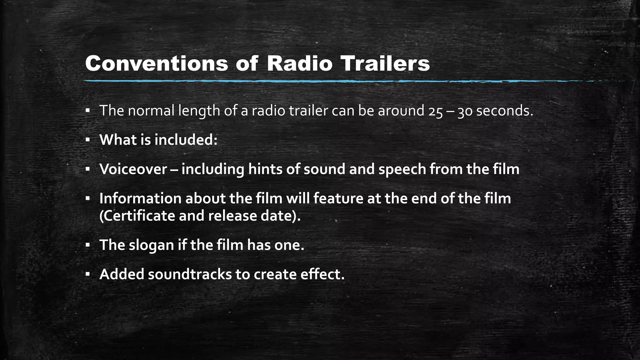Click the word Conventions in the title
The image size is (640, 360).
(157, 64)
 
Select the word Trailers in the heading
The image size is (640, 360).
(385, 64)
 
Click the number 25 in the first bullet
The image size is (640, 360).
(436, 111)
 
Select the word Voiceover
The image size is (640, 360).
(133, 169)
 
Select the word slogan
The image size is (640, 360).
(151, 245)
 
